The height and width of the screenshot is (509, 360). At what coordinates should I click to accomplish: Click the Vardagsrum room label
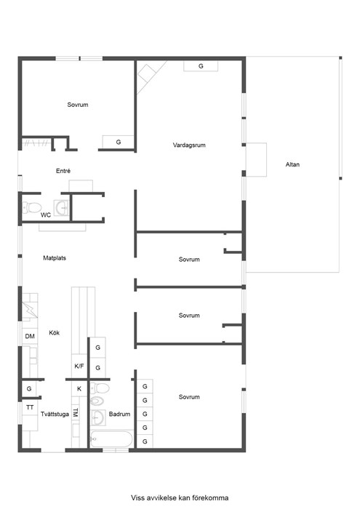pyautogui.click(x=189, y=145)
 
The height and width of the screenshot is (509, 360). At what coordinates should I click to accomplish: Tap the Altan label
pyautogui.click(x=292, y=164)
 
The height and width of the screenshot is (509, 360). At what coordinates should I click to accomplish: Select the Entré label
pyautogui.click(x=63, y=171)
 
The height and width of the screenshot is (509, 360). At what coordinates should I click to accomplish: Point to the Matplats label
pyautogui.click(x=55, y=258)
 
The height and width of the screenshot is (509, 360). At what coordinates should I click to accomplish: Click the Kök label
pyautogui.click(x=55, y=333)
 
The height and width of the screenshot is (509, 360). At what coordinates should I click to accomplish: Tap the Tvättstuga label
pyautogui.click(x=55, y=414)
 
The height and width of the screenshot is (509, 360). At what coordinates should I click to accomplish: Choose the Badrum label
pyautogui.click(x=119, y=414)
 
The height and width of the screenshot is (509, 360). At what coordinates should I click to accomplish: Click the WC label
pyautogui.click(x=46, y=215)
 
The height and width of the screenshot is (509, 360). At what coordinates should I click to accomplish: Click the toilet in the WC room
pyautogui.click(x=31, y=207)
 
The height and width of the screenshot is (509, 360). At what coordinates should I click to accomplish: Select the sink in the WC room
pyautogui.click(x=61, y=208)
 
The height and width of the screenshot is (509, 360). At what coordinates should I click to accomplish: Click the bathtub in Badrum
pyautogui.click(x=111, y=439)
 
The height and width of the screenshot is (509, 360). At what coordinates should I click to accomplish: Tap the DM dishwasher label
pyautogui.click(x=30, y=336)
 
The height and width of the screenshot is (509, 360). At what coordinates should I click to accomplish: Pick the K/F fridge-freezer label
pyautogui.click(x=79, y=366)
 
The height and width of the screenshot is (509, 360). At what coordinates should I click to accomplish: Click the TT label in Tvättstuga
pyautogui.click(x=30, y=407)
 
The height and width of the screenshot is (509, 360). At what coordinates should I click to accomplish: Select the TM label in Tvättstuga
pyautogui.click(x=76, y=412)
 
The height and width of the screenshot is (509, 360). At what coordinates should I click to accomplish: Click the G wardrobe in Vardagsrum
pyautogui.click(x=201, y=66)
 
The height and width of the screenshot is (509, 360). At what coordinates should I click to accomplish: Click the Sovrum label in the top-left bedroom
pyautogui.click(x=78, y=105)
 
